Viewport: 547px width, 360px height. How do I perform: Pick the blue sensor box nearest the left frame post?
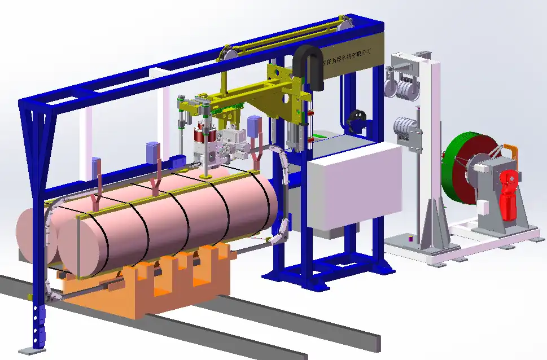click(96, 166)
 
